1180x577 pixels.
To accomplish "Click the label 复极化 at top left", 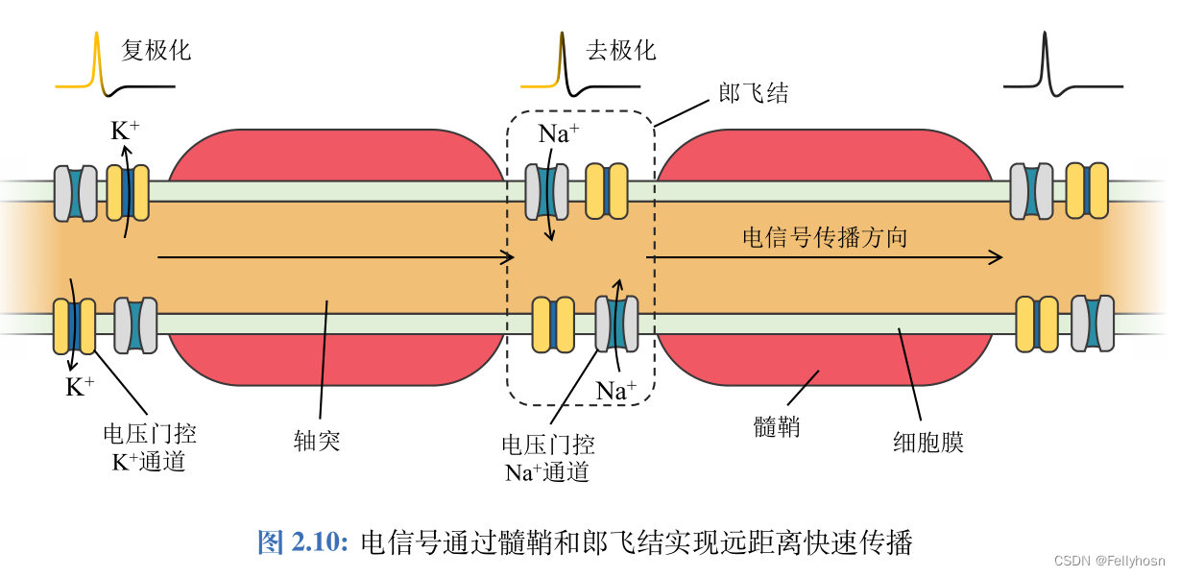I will (x=157, y=50).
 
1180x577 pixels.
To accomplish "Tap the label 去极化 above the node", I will (x=621, y=50).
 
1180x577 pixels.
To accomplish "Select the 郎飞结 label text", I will (x=754, y=92).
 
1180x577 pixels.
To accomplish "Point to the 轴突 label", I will (x=317, y=442).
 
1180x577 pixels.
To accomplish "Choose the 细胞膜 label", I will (x=927, y=442).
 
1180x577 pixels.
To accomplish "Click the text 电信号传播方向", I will (x=825, y=237).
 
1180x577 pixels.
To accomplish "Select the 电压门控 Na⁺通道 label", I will (x=547, y=458).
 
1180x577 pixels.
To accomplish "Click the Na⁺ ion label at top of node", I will (x=558, y=133).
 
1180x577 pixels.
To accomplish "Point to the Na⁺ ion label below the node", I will (x=616, y=391).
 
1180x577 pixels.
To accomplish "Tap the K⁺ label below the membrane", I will (x=80, y=387).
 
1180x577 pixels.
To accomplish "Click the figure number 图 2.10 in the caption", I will (x=302, y=542).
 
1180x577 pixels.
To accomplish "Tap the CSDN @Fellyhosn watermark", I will (x=1109, y=561).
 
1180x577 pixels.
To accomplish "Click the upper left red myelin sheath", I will (x=336, y=156).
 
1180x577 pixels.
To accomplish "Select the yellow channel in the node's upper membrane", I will (x=607, y=190).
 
